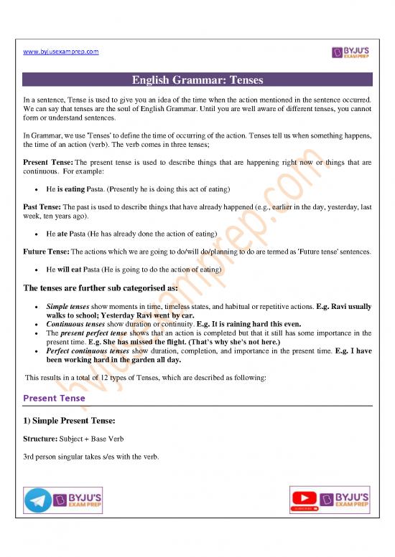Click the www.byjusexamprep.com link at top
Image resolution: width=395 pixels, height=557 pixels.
tap(60, 52)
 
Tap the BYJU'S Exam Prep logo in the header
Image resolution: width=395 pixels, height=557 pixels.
tap(350, 52)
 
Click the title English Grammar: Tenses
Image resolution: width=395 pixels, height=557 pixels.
tap(197, 80)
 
